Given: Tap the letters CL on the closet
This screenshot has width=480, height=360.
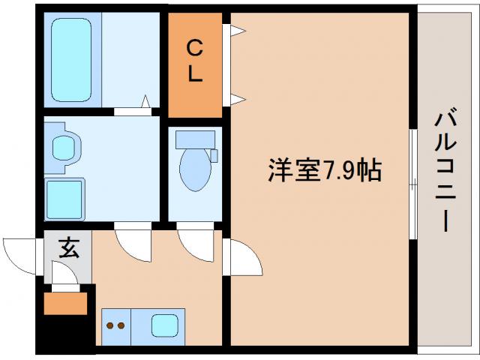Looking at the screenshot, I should pos(194,63).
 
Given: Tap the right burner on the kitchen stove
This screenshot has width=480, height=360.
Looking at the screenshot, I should pos(121,325).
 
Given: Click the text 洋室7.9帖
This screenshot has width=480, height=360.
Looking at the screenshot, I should pos(324,171).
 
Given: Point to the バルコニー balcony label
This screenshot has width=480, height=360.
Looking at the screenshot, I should pos(447,171).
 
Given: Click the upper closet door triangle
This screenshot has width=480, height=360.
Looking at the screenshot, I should pos(238,31).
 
